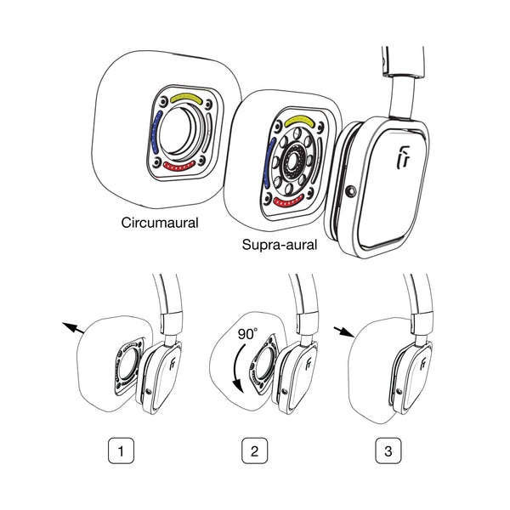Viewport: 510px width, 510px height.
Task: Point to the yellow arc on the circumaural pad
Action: coord(186,99)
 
